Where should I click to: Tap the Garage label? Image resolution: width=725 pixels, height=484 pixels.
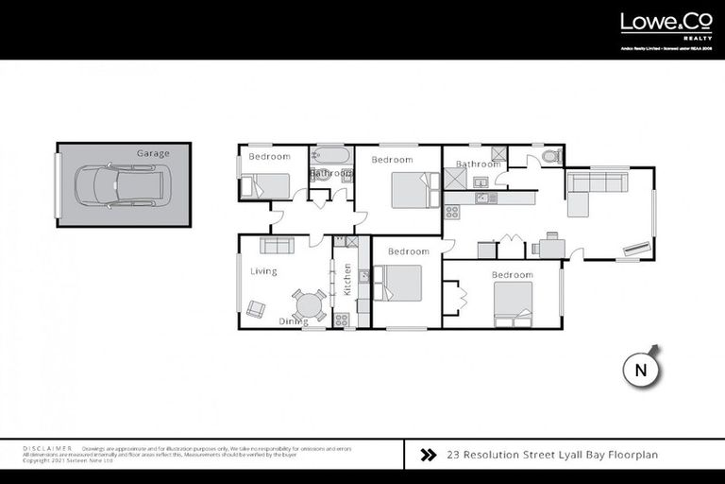153,153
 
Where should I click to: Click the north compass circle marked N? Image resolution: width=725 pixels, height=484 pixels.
641,371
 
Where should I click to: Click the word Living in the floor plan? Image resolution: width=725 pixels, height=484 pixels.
263,272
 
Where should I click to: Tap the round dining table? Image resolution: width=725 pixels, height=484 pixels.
308,304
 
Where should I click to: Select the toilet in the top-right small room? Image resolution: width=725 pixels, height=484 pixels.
551,157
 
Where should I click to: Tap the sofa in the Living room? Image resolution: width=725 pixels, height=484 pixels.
277,246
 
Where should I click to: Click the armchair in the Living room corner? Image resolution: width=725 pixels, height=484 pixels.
256,308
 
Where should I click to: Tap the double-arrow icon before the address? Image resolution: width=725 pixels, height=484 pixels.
428,455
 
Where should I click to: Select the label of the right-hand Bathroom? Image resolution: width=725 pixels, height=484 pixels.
478,164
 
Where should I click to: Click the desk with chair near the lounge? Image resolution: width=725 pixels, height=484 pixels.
548,248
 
